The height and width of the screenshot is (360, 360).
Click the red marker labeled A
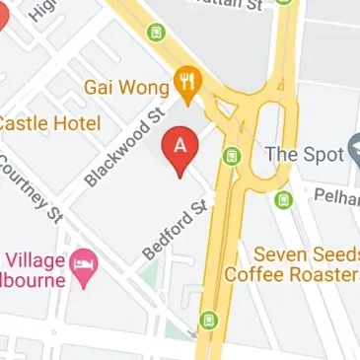click(x=180, y=146)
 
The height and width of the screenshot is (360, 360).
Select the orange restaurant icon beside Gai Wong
click(x=184, y=79)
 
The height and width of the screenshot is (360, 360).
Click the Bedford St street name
click(x=177, y=228)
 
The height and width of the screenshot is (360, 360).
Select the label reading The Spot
click(x=303, y=154)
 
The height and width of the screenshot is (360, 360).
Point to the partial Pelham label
click(x=336, y=196)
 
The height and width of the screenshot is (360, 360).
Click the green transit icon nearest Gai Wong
click(x=155, y=33)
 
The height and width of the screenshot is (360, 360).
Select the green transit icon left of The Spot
click(x=232, y=155)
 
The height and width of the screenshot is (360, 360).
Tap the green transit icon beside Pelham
click(x=284, y=200)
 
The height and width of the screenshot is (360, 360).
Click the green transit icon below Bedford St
click(x=208, y=321)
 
